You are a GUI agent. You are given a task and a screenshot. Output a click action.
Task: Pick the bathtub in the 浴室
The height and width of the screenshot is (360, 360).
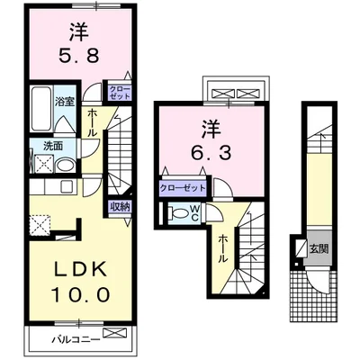coord(41,110)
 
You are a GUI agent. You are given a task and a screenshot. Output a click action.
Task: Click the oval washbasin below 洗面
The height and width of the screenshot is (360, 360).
coord(65,165)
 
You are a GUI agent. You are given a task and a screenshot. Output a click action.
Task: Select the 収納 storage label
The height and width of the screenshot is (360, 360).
coord(120,206)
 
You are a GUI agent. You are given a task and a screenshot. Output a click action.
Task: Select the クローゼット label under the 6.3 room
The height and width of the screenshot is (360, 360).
coord(181,187)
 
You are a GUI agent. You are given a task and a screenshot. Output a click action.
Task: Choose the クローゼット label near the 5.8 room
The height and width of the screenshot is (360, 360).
coord(119,92)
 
